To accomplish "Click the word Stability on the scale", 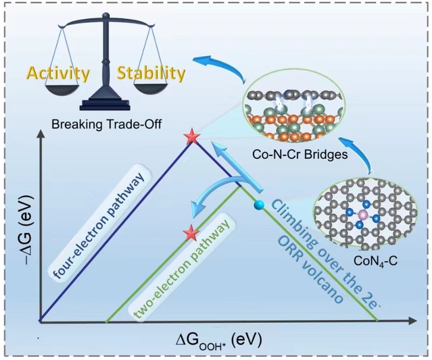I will pyautogui.click(x=150, y=72).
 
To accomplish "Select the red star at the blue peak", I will pyautogui.click(x=193, y=138).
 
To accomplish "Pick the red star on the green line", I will pyautogui.click(x=193, y=233).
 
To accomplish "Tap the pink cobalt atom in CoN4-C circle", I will pyautogui.click(x=362, y=215).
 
